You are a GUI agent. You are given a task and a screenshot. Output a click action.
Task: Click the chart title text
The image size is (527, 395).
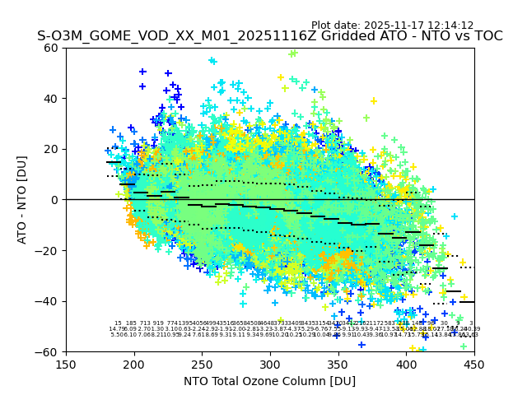[x=270, y=37]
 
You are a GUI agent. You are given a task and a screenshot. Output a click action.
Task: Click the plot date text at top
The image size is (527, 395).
[x=392, y=26]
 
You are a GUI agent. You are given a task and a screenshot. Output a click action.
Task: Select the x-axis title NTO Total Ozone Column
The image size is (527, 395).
[x=270, y=381]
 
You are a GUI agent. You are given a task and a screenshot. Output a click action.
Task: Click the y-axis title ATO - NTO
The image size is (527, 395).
[x=22, y=200]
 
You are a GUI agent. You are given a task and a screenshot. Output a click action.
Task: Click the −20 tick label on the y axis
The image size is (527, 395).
[x=49, y=250]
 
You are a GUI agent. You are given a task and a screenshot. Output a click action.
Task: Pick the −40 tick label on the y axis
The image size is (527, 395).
[x=49, y=301]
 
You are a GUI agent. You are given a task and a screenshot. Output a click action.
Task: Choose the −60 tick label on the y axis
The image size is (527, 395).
[x=49, y=351]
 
